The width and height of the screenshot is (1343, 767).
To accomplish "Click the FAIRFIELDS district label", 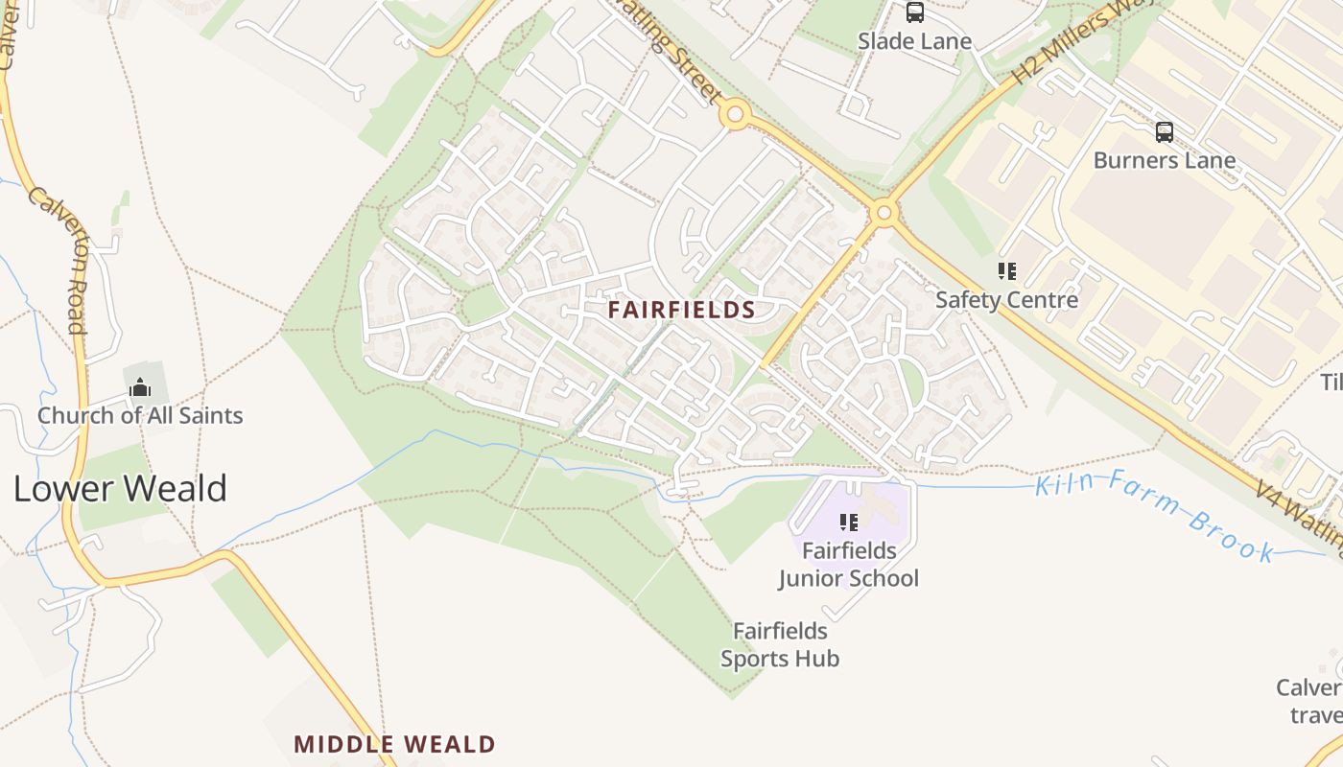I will click(682, 310).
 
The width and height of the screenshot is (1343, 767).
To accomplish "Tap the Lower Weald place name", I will click(120, 488).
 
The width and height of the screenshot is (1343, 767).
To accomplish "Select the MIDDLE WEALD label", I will click(394, 744).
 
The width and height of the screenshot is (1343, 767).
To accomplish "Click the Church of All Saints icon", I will click(140, 388).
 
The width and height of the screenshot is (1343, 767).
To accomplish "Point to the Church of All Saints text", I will click(140, 415).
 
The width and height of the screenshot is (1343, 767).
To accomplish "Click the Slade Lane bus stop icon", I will click(915, 12).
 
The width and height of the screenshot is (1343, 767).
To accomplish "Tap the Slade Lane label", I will click(914, 41).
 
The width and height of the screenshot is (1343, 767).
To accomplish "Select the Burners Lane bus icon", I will click(1165, 132).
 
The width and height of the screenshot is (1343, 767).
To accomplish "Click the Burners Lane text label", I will click(1165, 160).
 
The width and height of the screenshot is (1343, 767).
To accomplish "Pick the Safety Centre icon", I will click(1006, 271).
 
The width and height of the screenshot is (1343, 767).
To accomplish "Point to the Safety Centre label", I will click(1006, 300).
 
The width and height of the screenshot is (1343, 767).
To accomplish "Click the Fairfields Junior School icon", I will click(848, 523).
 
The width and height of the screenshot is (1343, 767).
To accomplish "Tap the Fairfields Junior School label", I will click(849, 565).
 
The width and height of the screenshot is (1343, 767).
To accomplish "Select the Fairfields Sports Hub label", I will click(780, 645).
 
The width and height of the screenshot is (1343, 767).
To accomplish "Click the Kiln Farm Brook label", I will click(1155, 516).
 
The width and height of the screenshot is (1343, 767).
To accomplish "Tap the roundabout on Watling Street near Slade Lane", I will click(735, 116).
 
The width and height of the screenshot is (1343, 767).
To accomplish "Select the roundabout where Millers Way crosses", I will click(884, 212).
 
